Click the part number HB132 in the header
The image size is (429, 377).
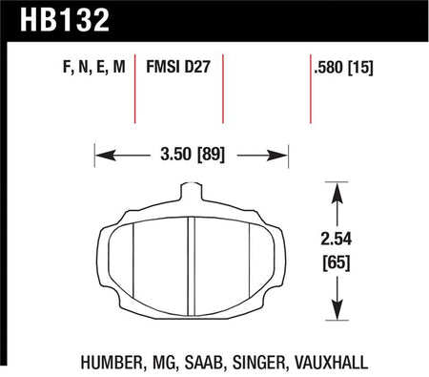pos(65,20)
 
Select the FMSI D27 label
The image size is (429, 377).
pos(178,67)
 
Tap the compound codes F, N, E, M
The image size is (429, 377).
pos(94,68)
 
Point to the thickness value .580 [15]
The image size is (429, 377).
pos(343,68)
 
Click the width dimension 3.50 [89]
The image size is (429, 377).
pos(193,155)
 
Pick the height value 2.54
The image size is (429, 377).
pos(337,240)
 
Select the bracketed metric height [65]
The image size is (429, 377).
pos(337,262)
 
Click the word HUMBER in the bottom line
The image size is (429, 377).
pos(111,363)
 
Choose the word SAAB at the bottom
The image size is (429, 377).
pos(202,363)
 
